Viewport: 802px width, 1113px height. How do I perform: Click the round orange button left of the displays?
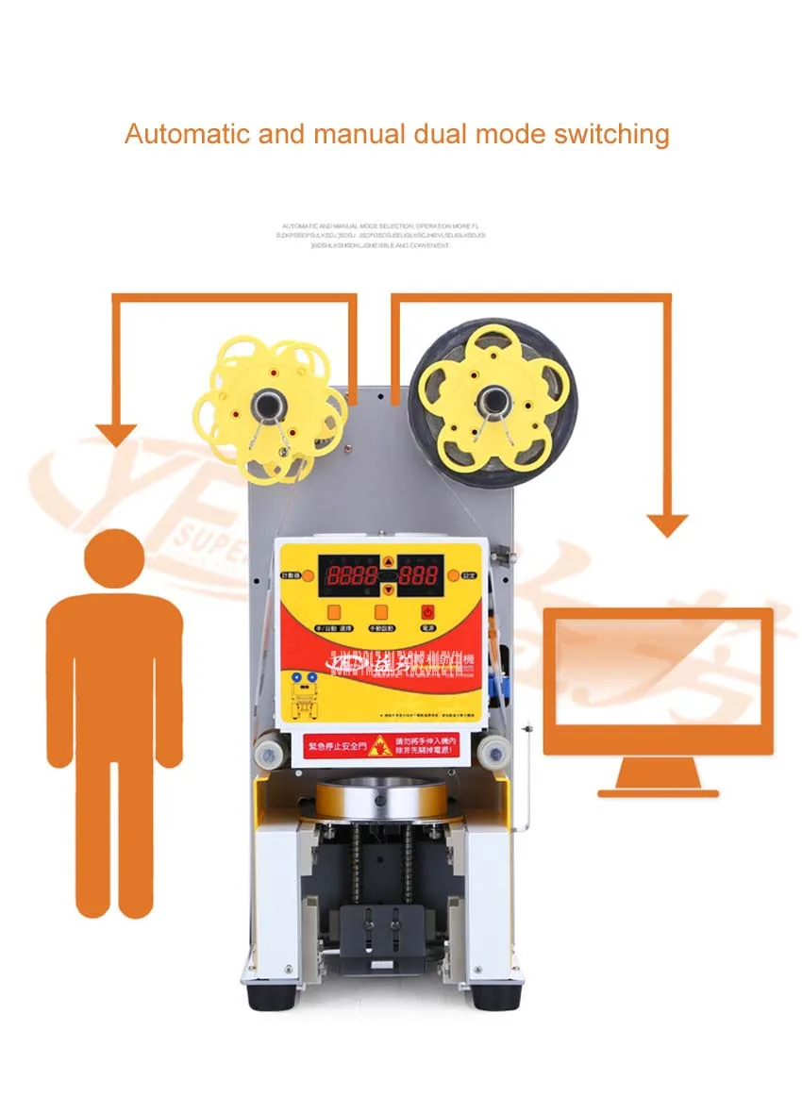pyautogui.click(x=308, y=573)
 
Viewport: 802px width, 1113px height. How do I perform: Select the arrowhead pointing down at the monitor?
pyautogui.click(x=667, y=524)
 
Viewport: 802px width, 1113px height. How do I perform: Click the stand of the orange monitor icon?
pyautogui.click(x=658, y=778)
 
